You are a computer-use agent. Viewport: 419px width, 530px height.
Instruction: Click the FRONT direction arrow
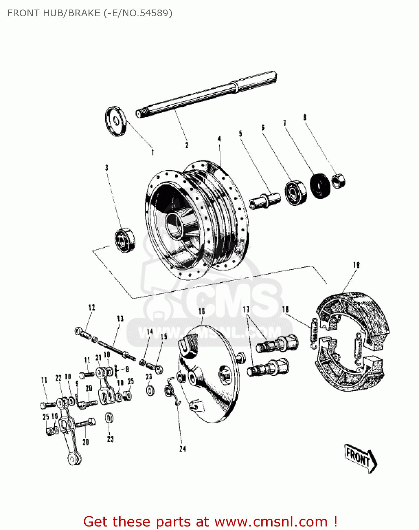(360, 458)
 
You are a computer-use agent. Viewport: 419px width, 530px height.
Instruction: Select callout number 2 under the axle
(187, 145)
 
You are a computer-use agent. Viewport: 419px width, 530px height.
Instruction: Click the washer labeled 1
(115, 121)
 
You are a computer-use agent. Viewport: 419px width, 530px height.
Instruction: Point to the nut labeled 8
(339, 181)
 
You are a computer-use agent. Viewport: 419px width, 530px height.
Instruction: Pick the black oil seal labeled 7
(320, 186)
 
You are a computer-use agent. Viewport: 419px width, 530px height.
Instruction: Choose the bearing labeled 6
(295, 193)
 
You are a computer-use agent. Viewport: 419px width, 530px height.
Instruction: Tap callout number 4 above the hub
(219, 139)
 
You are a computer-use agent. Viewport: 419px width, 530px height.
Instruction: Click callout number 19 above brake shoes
(356, 265)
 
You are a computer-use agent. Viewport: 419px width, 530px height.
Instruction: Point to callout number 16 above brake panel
(201, 311)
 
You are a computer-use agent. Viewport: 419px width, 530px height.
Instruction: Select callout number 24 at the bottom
(182, 449)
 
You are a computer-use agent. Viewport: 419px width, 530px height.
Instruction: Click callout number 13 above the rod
(120, 318)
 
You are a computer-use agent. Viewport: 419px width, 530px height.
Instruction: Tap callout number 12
(92, 307)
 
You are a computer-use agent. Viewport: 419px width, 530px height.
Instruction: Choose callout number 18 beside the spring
(285, 310)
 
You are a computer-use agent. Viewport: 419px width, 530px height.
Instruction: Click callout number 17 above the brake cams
(246, 310)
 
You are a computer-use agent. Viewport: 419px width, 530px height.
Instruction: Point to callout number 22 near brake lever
(59, 378)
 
